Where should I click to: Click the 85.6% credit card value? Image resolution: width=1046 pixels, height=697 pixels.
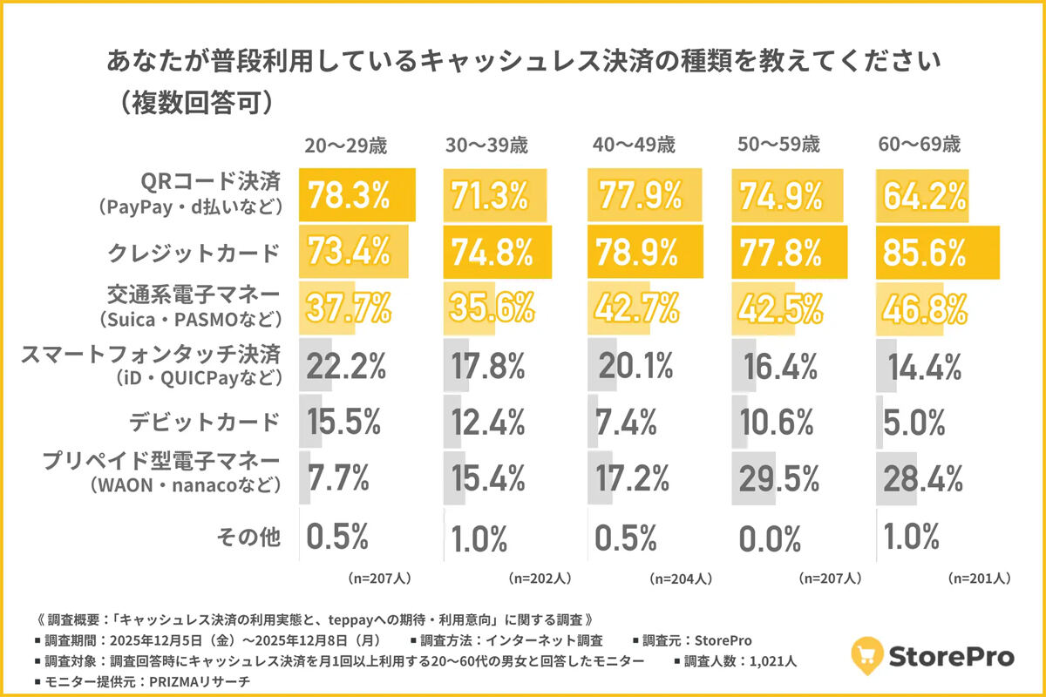[x=924, y=253]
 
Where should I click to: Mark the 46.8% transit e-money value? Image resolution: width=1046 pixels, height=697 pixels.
[x=924, y=308]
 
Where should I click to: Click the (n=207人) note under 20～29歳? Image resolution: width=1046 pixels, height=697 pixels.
[x=372, y=578]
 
